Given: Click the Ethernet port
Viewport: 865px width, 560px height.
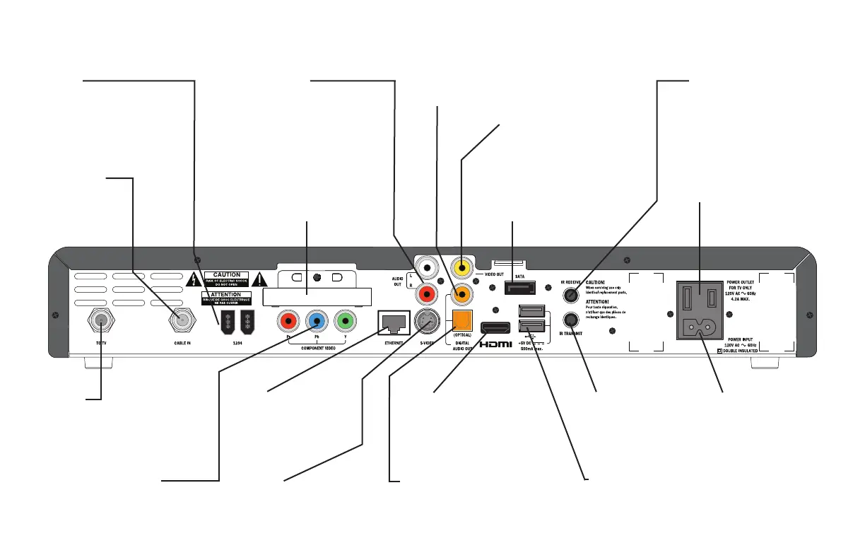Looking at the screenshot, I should tap(394, 323).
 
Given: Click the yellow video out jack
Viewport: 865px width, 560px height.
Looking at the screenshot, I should tap(461, 268).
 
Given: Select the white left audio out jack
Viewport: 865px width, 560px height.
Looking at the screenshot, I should tap(428, 268).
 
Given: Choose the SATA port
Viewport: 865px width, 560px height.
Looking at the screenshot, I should tap(521, 287).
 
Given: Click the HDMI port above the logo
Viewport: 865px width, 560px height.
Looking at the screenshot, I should tap(495, 327).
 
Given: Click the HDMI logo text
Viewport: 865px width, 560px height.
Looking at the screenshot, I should tap(495, 345).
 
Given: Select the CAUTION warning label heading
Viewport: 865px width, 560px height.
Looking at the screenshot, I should tap(227, 275).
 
